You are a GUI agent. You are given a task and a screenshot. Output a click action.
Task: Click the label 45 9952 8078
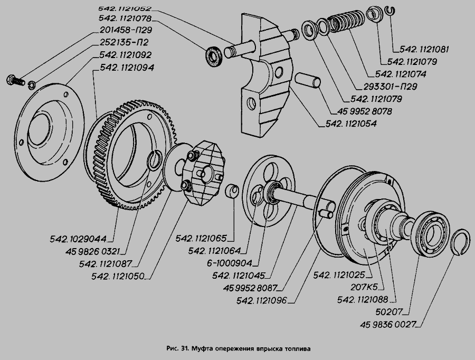click(363, 111)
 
